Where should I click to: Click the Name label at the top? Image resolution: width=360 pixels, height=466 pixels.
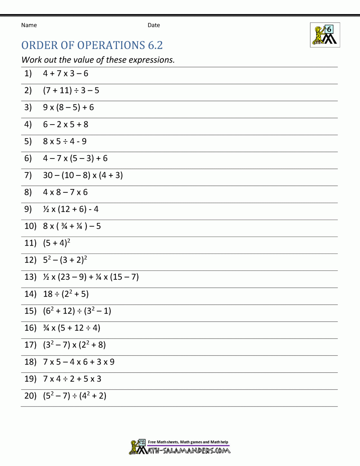pyautogui.click(x=29, y=25)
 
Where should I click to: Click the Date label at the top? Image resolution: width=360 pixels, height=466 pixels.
pyautogui.click(x=154, y=25)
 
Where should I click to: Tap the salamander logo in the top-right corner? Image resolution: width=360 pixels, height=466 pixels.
pyautogui.click(x=325, y=35)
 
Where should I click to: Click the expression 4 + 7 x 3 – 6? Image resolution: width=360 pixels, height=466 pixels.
pyautogui.click(x=66, y=73)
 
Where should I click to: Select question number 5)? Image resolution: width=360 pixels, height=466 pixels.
pyautogui.click(x=28, y=141)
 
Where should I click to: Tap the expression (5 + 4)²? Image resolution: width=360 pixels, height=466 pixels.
pyautogui.click(x=57, y=243)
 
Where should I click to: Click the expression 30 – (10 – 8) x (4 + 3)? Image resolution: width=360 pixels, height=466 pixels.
pyautogui.click(x=83, y=175)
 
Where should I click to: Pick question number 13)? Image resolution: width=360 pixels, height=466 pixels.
pyautogui.click(x=30, y=277)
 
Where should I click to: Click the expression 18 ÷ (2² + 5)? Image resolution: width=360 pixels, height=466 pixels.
pyautogui.click(x=66, y=294)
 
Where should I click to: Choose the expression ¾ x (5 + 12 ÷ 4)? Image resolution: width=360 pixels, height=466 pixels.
pyautogui.click(x=72, y=328)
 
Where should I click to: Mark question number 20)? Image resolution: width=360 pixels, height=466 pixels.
pyautogui.click(x=30, y=396)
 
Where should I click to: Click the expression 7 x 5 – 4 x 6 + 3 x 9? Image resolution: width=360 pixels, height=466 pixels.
pyautogui.click(x=79, y=362)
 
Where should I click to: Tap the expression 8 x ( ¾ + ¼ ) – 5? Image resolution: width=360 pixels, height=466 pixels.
pyautogui.click(x=72, y=226)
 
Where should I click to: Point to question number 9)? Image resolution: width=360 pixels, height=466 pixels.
pyautogui.click(x=28, y=209)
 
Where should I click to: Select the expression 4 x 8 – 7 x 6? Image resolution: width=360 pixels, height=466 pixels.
pyautogui.click(x=65, y=192)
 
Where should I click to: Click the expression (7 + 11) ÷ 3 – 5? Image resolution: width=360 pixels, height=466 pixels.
pyautogui.click(x=71, y=90)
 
